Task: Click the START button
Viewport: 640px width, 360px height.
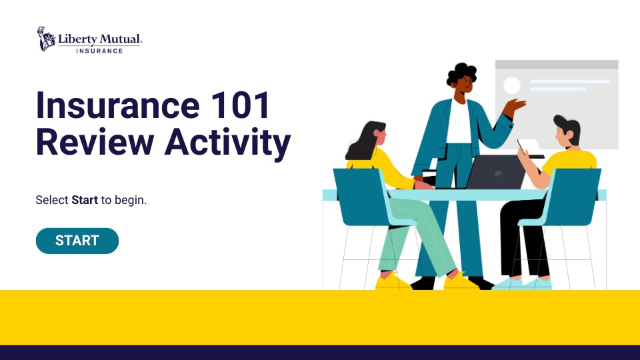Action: pos(77,241)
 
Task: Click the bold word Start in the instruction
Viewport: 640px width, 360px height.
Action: pos(85,199)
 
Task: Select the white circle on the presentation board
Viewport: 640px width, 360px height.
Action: pos(511,85)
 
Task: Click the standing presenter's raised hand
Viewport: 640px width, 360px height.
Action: pos(515,106)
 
